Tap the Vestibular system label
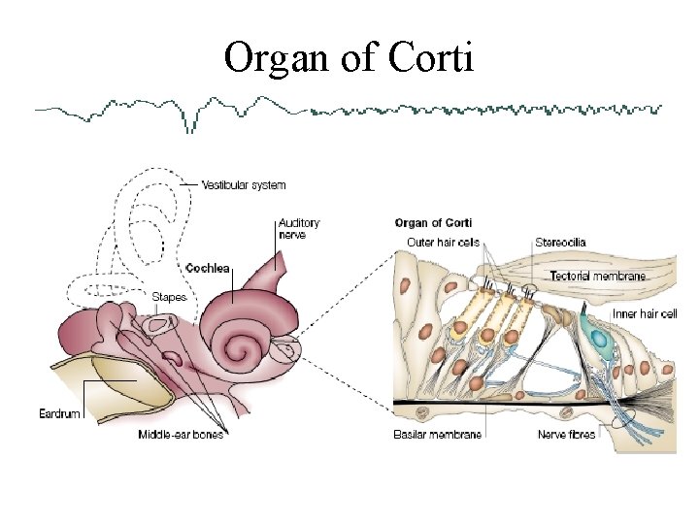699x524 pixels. [x=244, y=184]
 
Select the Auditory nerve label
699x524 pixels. [x=298, y=228]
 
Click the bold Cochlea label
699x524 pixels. [x=207, y=268]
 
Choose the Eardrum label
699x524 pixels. [x=59, y=414]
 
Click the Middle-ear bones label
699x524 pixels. [x=181, y=435]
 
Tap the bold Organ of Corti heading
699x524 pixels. [x=433, y=223]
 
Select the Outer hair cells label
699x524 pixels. [x=443, y=242]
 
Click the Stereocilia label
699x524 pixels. [x=560, y=242]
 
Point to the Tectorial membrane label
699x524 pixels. [x=597, y=277]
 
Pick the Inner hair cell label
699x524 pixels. [x=645, y=313]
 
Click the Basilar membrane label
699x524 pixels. [x=438, y=435]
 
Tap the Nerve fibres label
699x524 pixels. [x=566, y=435]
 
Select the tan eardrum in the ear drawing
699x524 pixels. [x=107, y=383]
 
